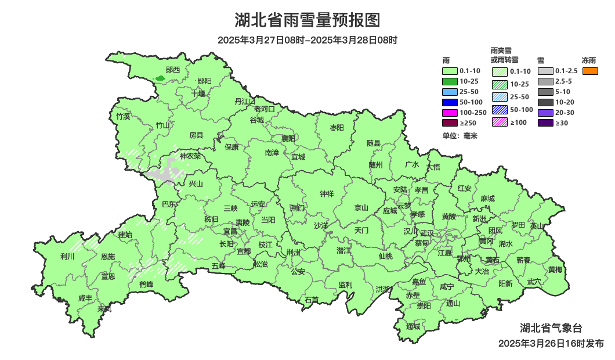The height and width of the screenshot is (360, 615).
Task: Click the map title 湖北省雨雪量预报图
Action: (307, 20)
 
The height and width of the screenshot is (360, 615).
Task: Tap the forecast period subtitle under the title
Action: (307, 40)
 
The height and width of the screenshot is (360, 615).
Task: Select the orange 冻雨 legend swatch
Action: (590, 71)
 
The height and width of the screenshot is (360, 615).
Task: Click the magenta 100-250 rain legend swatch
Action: (450, 112)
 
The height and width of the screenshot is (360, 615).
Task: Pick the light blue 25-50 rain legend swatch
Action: (450, 92)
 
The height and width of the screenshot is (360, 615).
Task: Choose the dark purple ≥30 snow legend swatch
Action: (545, 123)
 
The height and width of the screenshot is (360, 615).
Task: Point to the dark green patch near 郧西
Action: (160, 78)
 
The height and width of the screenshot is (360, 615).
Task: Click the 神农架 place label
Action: (190, 156)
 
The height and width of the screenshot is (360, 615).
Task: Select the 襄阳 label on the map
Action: (288, 138)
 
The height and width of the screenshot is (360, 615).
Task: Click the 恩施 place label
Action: (108, 257)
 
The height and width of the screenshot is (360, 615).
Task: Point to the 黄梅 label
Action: (555, 269)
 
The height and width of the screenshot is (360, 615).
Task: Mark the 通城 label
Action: (413, 326)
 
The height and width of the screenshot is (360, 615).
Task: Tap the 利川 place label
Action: (67, 257)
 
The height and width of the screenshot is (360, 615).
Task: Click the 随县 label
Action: (373, 143)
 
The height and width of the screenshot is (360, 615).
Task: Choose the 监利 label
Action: (345, 285)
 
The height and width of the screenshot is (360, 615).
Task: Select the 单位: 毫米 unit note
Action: (460, 135)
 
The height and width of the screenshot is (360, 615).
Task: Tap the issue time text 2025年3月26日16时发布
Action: (551, 344)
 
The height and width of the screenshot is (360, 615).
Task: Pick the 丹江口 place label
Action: (245, 101)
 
